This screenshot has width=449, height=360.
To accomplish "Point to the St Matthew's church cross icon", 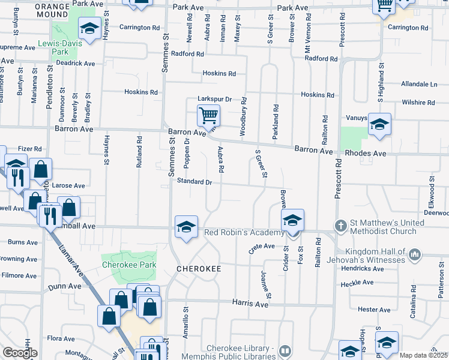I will (x=340, y=226).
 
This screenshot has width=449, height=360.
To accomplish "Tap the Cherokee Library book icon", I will (x=286, y=350).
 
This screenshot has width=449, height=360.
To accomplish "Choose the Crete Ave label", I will (x=261, y=246).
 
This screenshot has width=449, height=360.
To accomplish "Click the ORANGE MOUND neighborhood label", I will (x=52, y=10).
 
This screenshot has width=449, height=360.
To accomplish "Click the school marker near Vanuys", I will (x=379, y=125).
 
